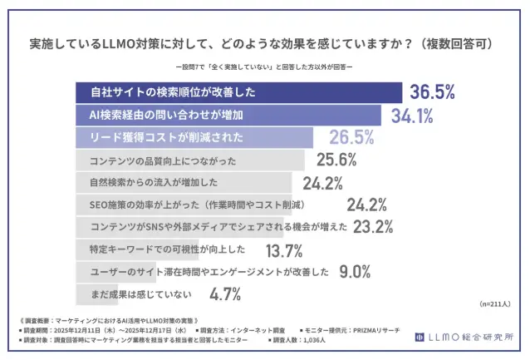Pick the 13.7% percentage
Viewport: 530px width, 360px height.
tap(283, 249)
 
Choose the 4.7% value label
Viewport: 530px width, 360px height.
tap(225, 293)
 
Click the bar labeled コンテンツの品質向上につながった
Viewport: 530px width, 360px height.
tap(190, 159)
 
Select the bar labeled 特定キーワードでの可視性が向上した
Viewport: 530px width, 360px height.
tap(166, 249)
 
